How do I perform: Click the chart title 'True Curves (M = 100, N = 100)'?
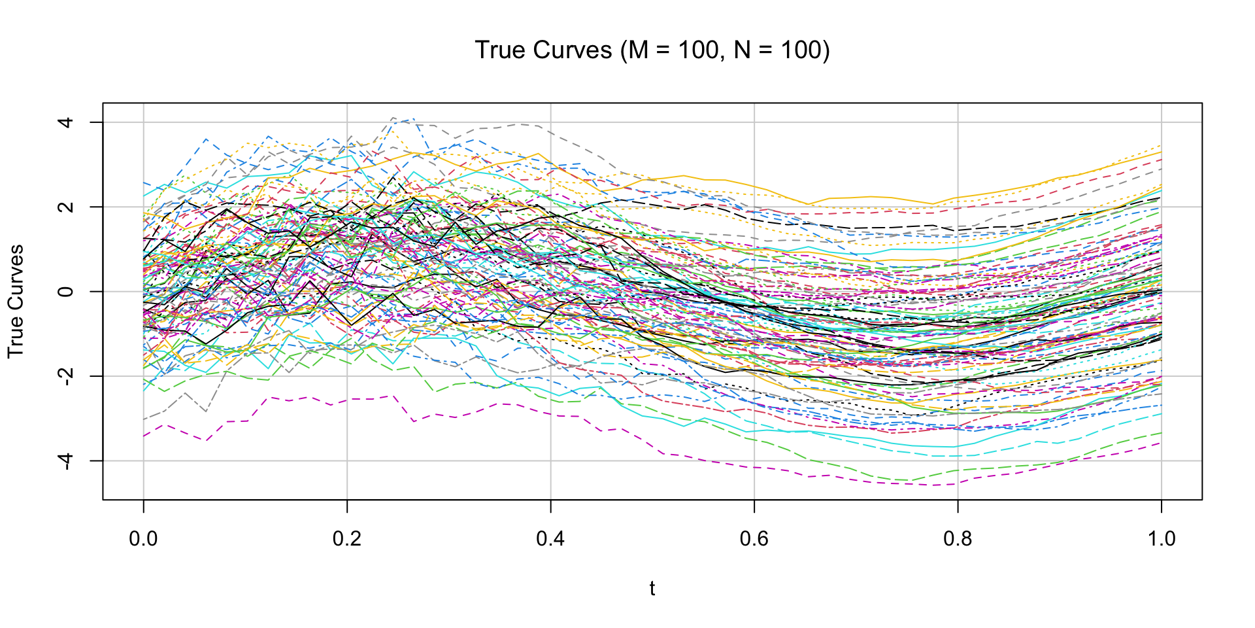pos(652,50)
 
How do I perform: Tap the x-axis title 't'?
pos(652,589)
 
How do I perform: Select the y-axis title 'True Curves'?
pos(16,301)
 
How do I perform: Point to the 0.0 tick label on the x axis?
pos(143,539)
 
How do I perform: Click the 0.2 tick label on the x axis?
pos(347,539)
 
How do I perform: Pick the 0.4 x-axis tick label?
pos(550,539)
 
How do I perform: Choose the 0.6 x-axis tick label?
pos(754,539)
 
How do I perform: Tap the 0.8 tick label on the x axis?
pos(958,539)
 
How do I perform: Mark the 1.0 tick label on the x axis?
pos(1161,539)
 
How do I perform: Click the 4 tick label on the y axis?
pos(65,122)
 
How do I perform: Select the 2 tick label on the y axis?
pos(65,207)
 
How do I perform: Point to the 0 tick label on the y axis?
pos(65,291)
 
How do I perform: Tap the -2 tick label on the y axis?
pos(65,375)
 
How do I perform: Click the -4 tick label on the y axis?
pos(65,460)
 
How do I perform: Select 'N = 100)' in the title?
pos(782,50)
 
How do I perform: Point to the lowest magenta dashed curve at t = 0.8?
pos(958,483)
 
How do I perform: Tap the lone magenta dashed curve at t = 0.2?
pos(347,399)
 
